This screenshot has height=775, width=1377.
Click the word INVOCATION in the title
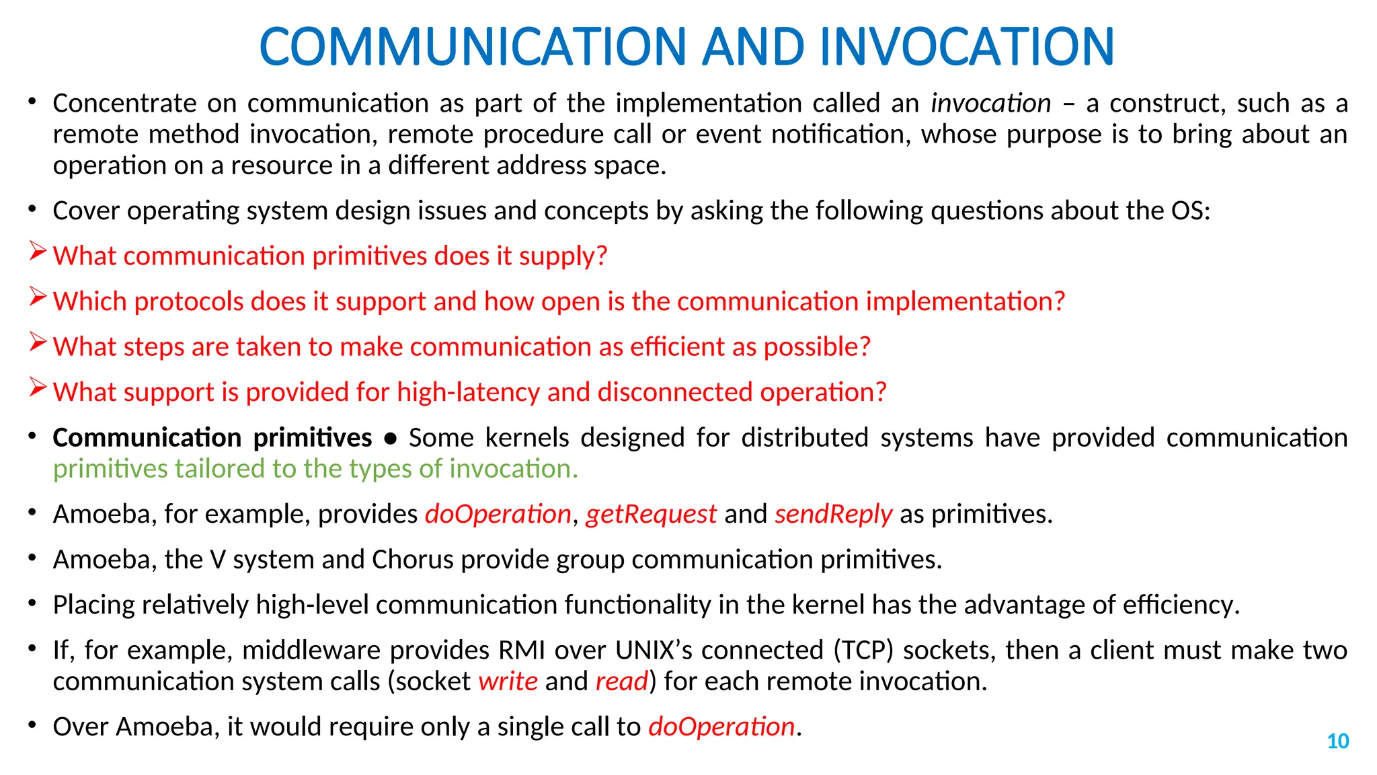(966, 46)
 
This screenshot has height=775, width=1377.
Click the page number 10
(1337, 741)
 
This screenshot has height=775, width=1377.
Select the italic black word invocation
(990, 104)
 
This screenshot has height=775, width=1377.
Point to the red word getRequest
(651, 515)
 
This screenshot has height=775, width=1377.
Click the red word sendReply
(833, 515)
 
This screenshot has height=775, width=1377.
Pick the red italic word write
(508, 681)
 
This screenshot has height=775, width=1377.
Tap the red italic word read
(621, 681)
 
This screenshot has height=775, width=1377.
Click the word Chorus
(413, 560)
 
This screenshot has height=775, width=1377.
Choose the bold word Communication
(147, 438)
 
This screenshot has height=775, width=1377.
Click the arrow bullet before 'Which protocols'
(38, 297)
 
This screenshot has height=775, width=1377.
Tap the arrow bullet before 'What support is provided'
(38, 388)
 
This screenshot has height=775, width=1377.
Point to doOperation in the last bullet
(721, 727)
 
